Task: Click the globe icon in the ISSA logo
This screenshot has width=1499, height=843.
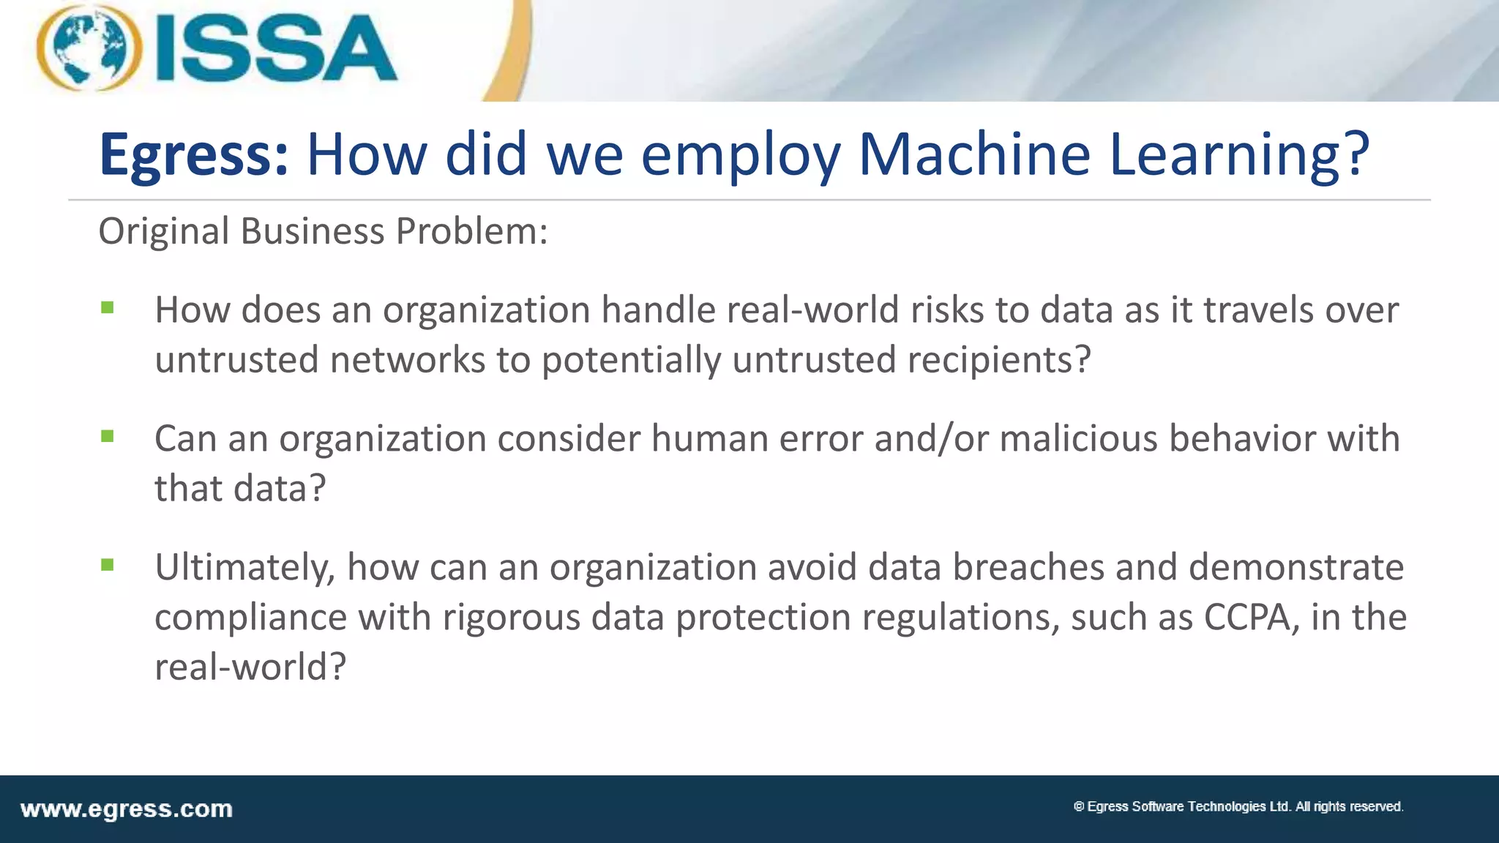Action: pos(89,48)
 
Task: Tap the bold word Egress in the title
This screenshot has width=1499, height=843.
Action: pos(194,155)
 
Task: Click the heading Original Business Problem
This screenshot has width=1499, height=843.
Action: pos(323,231)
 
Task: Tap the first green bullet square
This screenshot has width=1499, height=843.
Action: pos(108,308)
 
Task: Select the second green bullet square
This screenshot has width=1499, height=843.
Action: pos(108,437)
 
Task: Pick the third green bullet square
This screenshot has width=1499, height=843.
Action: pos(108,565)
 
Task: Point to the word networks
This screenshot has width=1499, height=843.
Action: pos(408,360)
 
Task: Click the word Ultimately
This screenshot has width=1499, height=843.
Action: pos(244,567)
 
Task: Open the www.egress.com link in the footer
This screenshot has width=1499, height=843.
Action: pos(127,809)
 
